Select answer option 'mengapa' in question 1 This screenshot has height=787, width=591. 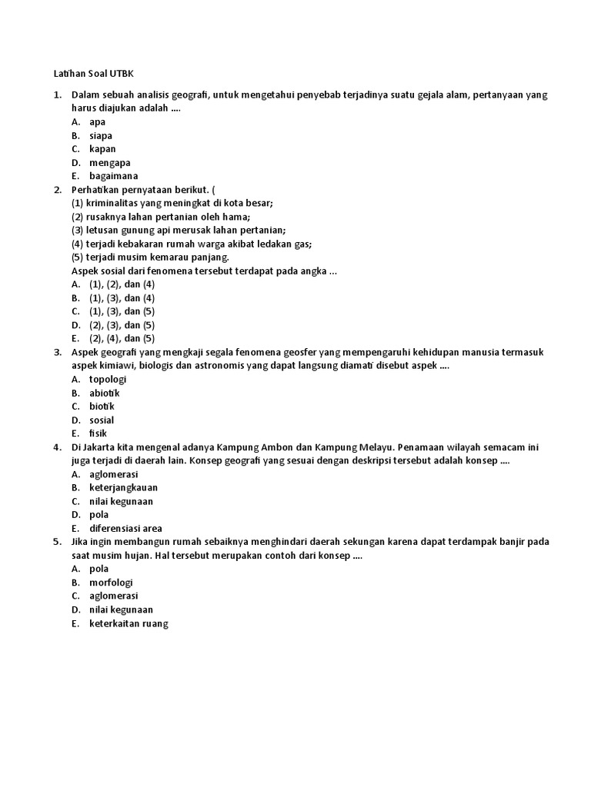pyautogui.click(x=109, y=162)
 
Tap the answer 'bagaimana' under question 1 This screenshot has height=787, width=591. pyautogui.click(x=113, y=176)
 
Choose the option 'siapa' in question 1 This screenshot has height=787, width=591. pyautogui.click(x=101, y=135)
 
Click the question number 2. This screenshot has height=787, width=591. pyautogui.click(x=57, y=189)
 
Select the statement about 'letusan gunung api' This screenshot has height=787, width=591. pyautogui.click(x=179, y=230)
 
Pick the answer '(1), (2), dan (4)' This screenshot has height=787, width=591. pyautogui.click(x=122, y=284)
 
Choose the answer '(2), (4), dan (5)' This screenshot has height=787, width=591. pyautogui.click(x=122, y=338)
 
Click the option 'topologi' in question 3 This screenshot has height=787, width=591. pyautogui.click(x=108, y=379)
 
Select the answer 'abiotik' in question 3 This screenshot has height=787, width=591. pyautogui.click(x=105, y=393)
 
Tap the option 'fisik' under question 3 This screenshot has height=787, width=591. pyautogui.click(x=98, y=433)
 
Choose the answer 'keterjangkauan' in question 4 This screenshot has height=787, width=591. pyautogui.click(x=124, y=487)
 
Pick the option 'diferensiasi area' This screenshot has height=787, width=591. pyautogui.click(x=125, y=528)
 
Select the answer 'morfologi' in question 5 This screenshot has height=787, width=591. pyautogui.click(x=112, y=583)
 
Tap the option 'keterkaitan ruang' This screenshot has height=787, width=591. pyautogui.click(x=129, y=623)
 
